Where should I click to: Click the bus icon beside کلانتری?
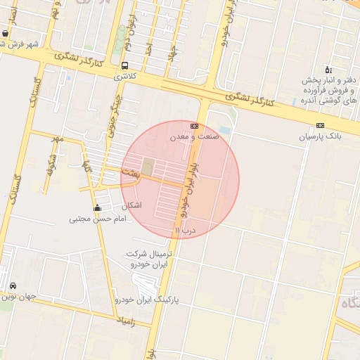(x=124, y=65)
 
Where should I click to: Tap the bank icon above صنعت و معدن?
(x=195, y=126)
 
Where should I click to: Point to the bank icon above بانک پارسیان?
(x=320, y=126)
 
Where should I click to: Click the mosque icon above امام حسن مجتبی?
(x=97, y=208)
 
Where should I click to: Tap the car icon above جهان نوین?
(x=14, y=286)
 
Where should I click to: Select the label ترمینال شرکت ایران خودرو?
(x=150, y=258)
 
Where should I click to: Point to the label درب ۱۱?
(x=184, y=229)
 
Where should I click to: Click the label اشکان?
(x=131, y=205)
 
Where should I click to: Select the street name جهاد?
(x=172, y=51)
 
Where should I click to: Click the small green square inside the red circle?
(x=148, y=167)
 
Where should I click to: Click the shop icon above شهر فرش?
(x=6, y=33)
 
